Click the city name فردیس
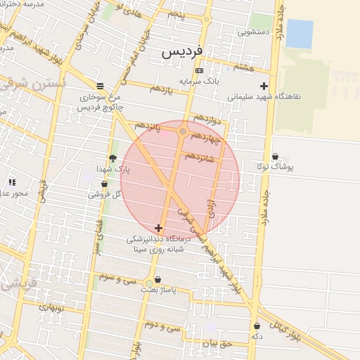point(181,52)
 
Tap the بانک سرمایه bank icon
point(199,71)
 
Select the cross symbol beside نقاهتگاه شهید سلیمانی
point(264,86)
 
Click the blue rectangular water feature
point(300,34)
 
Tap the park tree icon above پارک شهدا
point(112,158)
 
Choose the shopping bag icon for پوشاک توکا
point(274,156)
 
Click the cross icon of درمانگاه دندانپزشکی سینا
point(158,228)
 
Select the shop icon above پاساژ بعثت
point(157,279)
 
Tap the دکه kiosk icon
point(257,326)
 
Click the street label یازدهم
point(161,89)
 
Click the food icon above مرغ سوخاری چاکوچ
point(105,86)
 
